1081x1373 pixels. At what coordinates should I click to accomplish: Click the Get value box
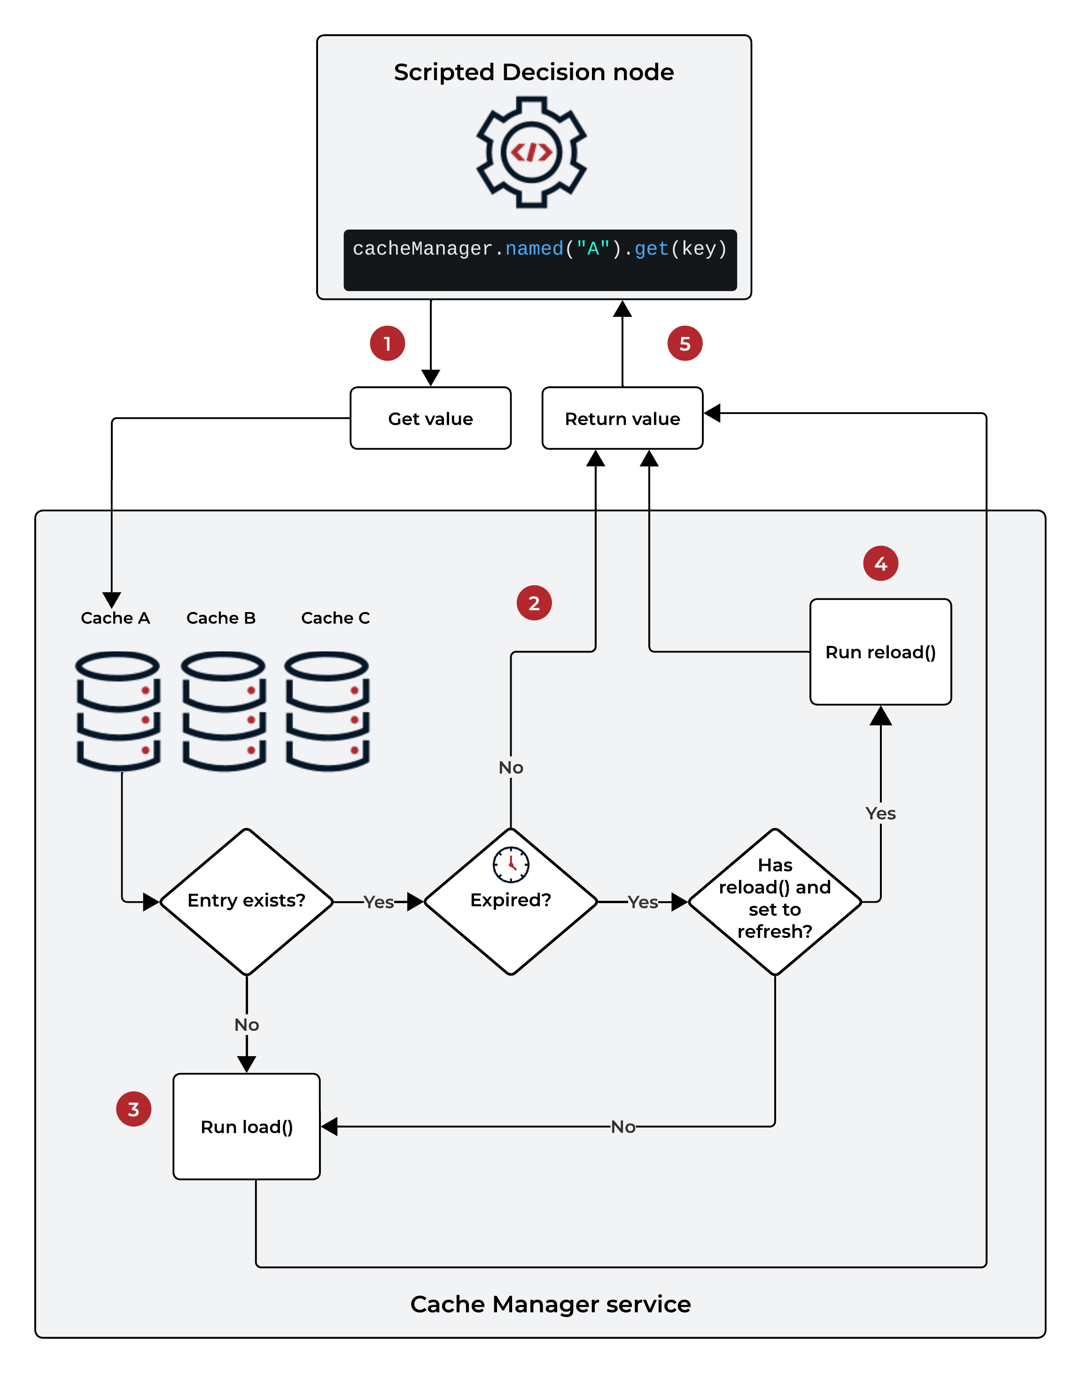(x=430, y=418)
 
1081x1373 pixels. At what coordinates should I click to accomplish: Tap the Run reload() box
(x=880, y=652)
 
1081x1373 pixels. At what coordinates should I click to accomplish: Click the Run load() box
(x=246, y=1127)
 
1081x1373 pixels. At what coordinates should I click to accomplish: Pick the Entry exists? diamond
(x=246, y=901)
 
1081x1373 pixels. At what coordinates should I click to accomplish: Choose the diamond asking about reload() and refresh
(x=775, y=901)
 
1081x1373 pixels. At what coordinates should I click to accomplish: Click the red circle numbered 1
(x=387, y=344)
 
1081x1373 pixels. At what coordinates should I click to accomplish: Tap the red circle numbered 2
(x=534, y=603)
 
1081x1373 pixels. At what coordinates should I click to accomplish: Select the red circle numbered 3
(x=133, y=1109)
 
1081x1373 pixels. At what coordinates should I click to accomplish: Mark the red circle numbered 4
(x=880, y=563)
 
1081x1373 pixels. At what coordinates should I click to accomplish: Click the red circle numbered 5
(x=685, y=344)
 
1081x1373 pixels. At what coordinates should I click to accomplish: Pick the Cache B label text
(x=221, y=618)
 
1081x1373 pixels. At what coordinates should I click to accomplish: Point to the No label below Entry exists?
(x=246, y=1025)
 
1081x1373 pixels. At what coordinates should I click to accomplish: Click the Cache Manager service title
(x=550, y=1304)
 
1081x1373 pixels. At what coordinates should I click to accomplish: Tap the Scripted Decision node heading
(x=534, y=72)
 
